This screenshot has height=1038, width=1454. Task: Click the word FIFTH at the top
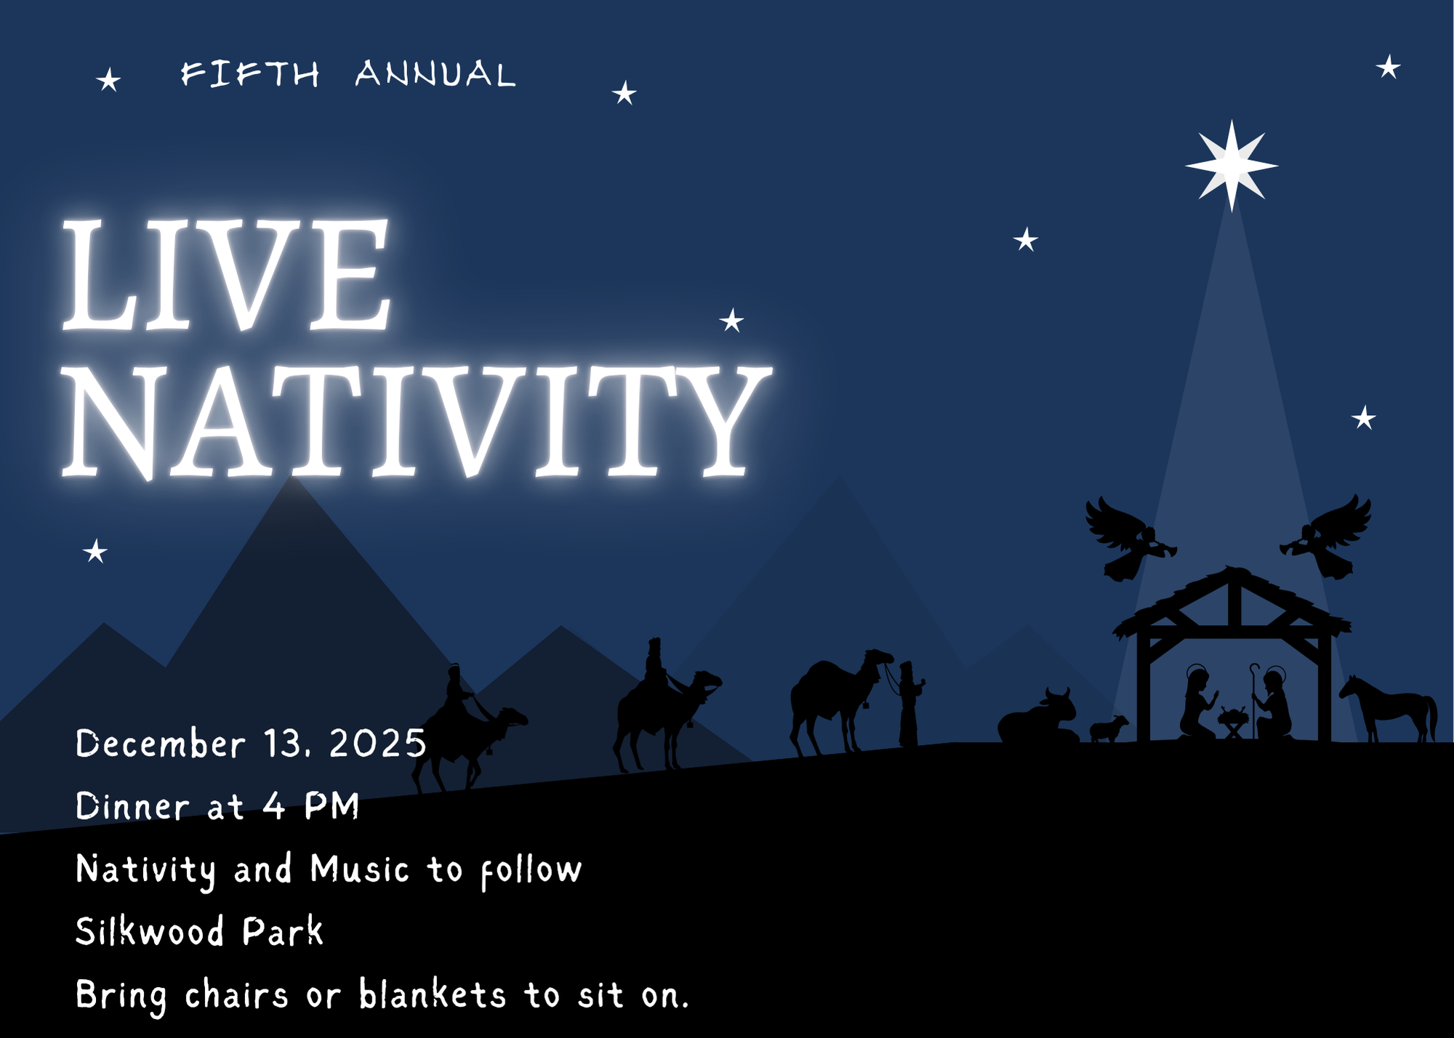pos(250,74)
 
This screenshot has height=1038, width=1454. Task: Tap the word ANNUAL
pos(435,74)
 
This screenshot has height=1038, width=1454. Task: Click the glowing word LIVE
pos(227,274)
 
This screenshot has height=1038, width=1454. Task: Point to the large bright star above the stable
pos(1232,166)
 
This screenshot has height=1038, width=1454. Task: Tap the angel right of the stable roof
pos(1328,538)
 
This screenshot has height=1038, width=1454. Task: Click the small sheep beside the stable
pos(1109,728)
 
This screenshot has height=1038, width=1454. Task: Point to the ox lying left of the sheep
pos(1038,717)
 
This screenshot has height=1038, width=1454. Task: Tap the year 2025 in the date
pos(378,744)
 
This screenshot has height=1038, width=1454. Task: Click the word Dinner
pos(133,806)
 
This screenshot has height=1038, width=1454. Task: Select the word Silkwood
pos(150,931)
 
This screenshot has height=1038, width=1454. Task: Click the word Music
pos(360,869)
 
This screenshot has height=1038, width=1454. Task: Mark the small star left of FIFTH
pos(109,79)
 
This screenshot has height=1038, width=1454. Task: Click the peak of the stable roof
pos(1232,568)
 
